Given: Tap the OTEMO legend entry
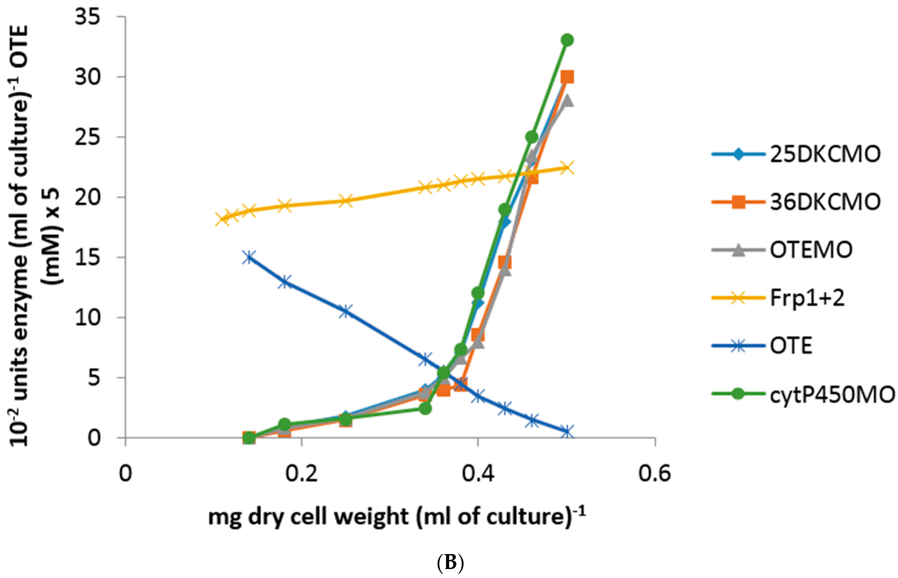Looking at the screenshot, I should [811, 250].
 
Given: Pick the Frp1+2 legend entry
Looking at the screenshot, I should [807, 298].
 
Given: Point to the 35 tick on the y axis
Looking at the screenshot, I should [87, 17].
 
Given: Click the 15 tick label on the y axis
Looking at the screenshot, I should [87, 257].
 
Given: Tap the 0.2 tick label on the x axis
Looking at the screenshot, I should [301, 474].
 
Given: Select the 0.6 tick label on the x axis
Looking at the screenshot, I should [654, 474].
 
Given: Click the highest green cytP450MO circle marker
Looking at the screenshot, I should [567, 40].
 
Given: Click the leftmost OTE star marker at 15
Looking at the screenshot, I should [248, 257].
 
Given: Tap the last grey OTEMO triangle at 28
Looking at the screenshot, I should [567, 101].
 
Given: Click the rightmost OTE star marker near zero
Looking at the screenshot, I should [567, 432].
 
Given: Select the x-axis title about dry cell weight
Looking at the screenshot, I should [396, 517].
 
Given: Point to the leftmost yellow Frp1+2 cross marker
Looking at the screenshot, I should [222, 219].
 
